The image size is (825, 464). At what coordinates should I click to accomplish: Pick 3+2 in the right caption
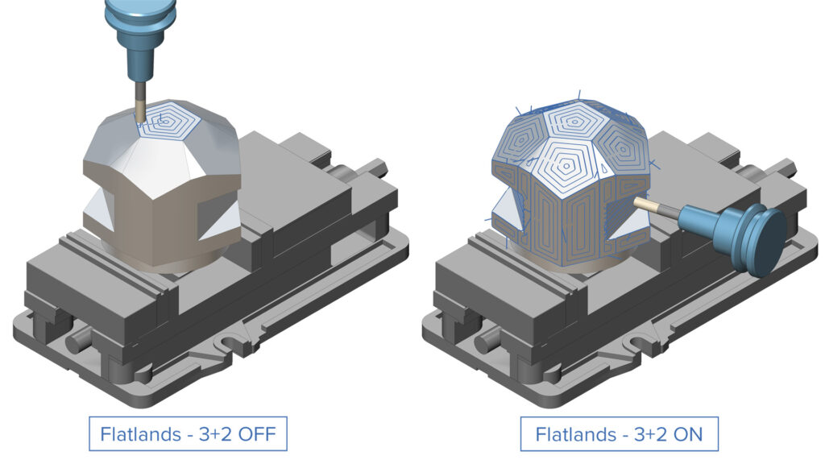coord(649,435)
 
